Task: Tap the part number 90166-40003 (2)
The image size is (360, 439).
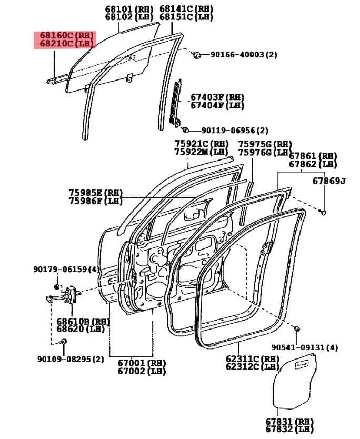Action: (244, 54)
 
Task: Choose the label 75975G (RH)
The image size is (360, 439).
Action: (264, 144)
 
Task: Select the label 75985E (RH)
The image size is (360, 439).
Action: (95, 193)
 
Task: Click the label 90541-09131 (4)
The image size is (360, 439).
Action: (305, 347)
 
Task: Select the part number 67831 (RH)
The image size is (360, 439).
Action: (289, 422)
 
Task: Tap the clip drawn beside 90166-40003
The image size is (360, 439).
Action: (196, 54)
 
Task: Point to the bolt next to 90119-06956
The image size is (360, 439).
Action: (185, 129)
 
